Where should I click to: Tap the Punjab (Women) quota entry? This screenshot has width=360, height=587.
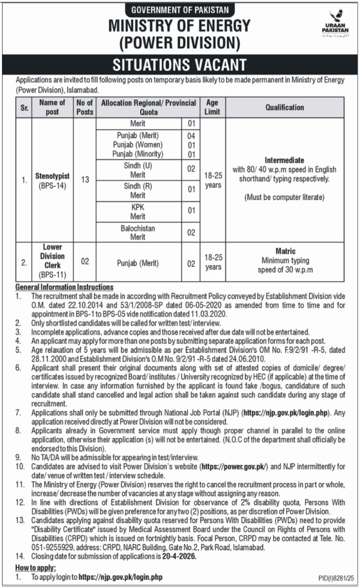138,145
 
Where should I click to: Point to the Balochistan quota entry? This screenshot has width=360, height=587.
138,228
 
